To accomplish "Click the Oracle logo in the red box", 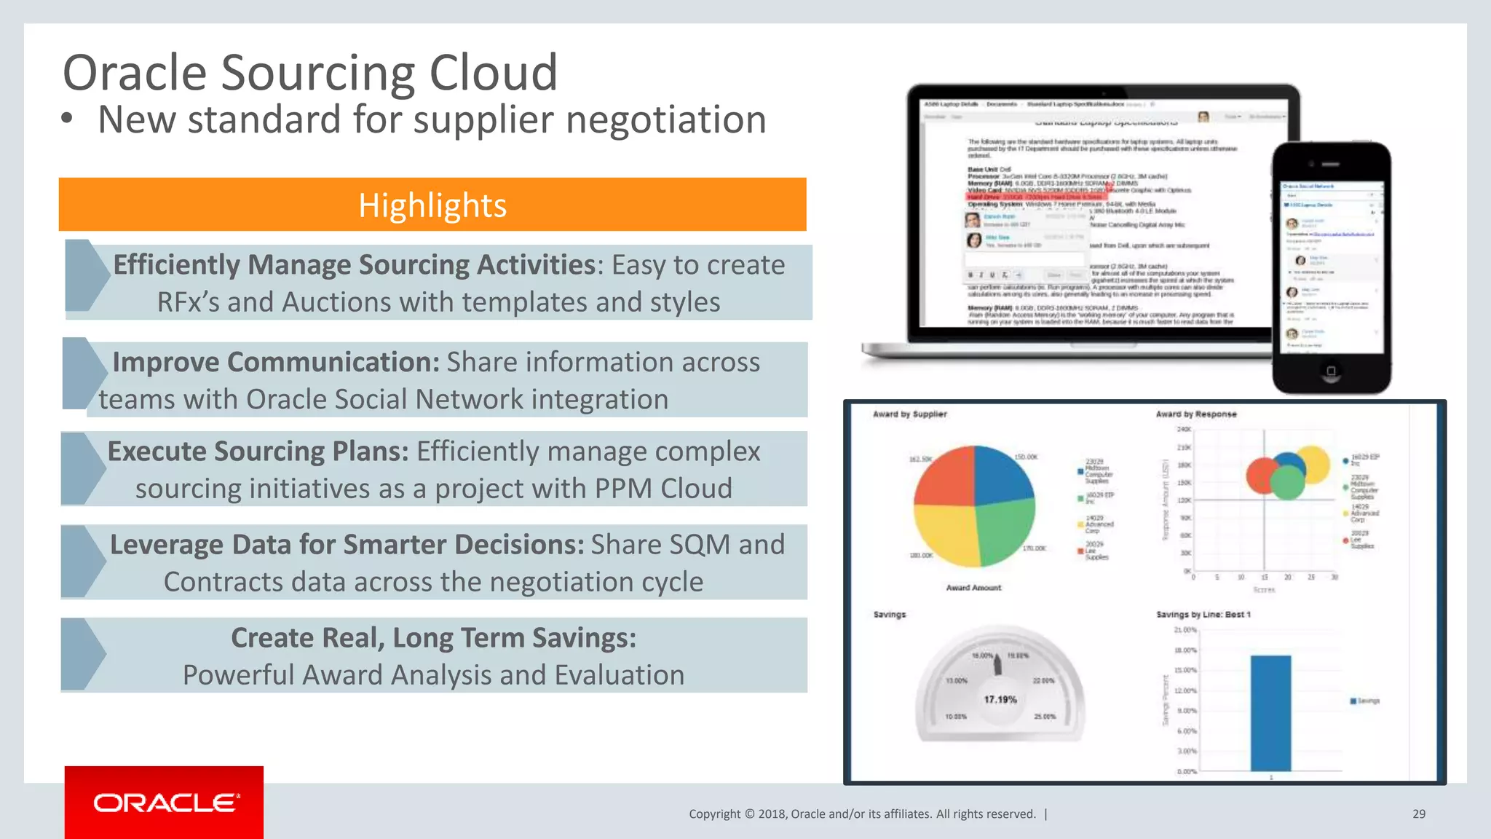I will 165,803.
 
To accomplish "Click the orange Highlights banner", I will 432,205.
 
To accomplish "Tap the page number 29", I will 1418,814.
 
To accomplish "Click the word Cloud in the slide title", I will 493,73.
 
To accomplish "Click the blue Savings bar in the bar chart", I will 1270,713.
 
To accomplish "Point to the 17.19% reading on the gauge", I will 1000,699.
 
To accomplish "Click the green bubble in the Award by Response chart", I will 1286,483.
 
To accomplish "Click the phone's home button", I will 1331,371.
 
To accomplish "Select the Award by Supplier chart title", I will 909,414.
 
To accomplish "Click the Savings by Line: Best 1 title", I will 1203,615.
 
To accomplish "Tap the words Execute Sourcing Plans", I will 258,452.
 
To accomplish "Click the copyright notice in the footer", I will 862,814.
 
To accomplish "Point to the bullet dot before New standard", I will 67,119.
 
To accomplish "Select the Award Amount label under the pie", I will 973,588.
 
